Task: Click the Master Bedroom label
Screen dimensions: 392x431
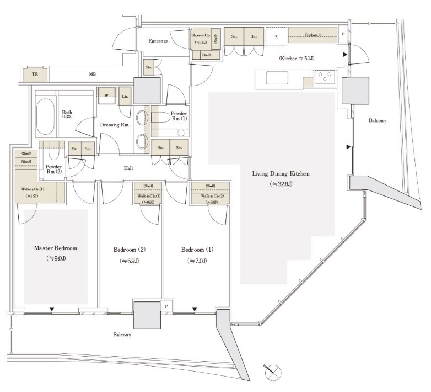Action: tap(55, 249)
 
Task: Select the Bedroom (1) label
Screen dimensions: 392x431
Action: tap(197, 250)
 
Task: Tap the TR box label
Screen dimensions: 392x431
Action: tap(35, 73)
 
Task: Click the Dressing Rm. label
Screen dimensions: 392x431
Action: tap(114, 125)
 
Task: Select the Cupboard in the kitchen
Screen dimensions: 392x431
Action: tap(313, 35)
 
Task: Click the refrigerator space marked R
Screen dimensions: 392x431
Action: tap(276, 38)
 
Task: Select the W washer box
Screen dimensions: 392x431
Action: tap(106, 94)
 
